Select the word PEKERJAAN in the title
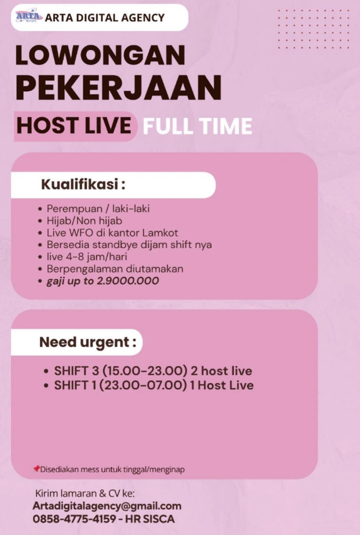tap(118, 88)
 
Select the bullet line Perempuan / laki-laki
tap(98, 209)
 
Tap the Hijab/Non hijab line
tap(84, 221)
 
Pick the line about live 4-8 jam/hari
tap(87, 257)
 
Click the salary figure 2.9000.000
tap(128, 281)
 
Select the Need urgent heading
tap(88, 342)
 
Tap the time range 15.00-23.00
tap(145, 371)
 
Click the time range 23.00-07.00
tap(143, 385)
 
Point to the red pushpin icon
tap(36, 468)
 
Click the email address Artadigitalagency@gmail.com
tap(107, 506)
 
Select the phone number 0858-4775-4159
tap(74, 519)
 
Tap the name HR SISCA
tap(150, 519)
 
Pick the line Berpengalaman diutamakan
tap(115, 269)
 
